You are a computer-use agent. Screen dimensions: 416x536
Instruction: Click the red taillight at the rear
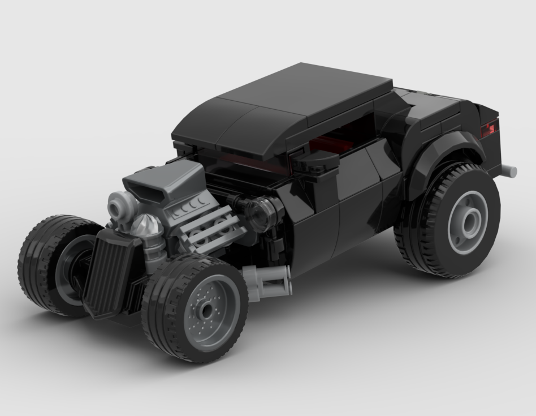488,130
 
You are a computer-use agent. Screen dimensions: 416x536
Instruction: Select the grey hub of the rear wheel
468,222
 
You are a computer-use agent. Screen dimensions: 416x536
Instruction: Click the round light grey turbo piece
120,204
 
